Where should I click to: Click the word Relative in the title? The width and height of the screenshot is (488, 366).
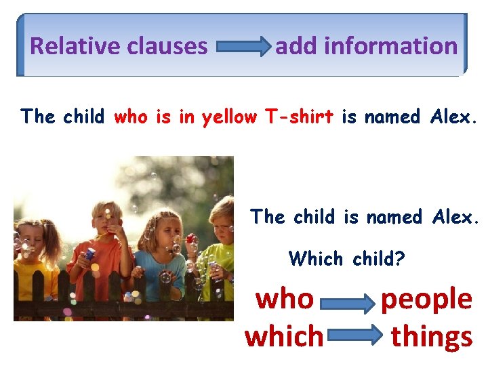(x=64, y=46)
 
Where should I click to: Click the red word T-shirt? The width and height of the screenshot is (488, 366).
(x=299, y=117)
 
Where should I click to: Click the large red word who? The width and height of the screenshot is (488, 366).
(x=285, y=298)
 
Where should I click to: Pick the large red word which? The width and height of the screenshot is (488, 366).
(x=284, y=335)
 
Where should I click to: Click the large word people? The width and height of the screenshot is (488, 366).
(x=426, y=298)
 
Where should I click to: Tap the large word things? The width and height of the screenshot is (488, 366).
(x=432, y=335)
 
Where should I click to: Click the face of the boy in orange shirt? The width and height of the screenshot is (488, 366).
(x=108, y=220)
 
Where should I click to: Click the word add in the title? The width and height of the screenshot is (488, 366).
(x=297, y=46)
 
